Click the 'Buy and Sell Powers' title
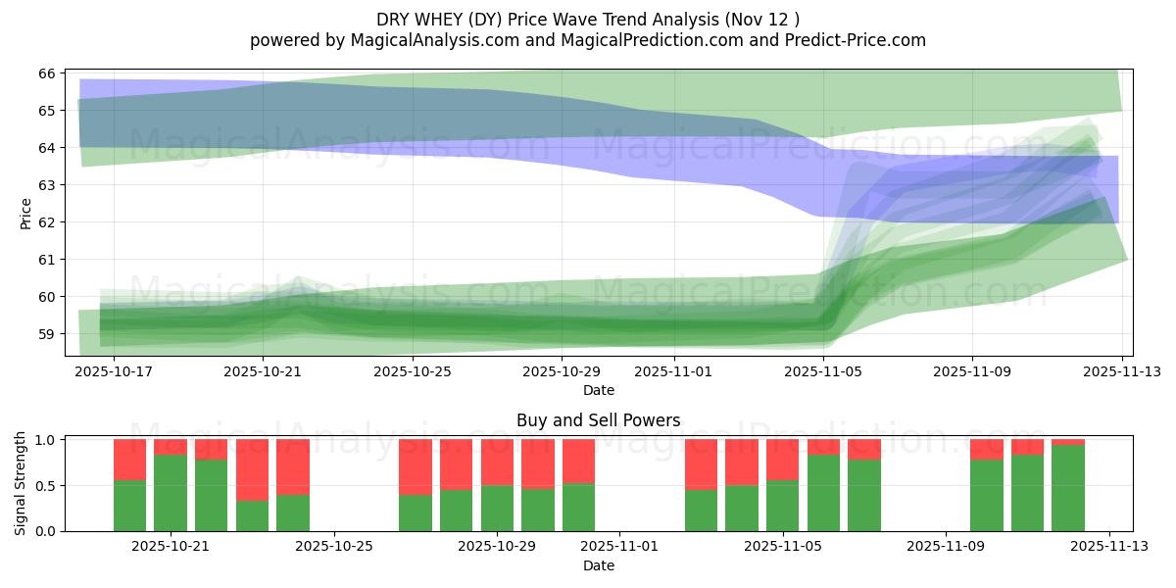tap(598, 420)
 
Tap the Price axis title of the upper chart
tap(26, 213)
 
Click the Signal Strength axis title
tap(21, 483)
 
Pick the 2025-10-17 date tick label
tap(114, 371)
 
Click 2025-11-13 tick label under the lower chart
tap(1109, 547)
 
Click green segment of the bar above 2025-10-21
tap(171, 493)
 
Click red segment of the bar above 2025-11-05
tap(782, 459)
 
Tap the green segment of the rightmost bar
tap(1068, 488)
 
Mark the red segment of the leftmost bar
tap(129, 459)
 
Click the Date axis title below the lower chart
tap(598, 565)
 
